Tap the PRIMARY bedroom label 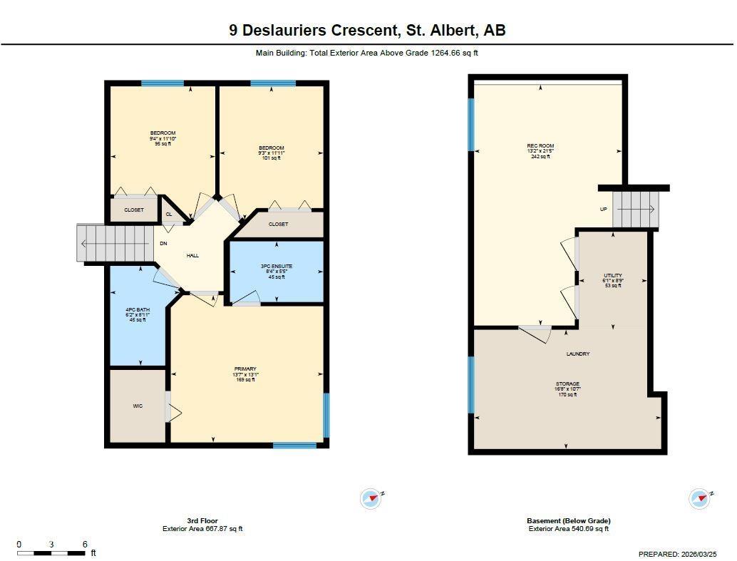click(244, 369)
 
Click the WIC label click(138, 406)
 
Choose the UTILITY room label click(613, 275)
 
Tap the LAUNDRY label click(578, 354)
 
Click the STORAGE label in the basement click(567, 384)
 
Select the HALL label click(193, 255)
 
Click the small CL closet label click(169, 214)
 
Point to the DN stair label click(163, 244)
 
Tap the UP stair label click(603, 209)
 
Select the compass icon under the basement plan click(700, 498)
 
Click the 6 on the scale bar click(85, 545)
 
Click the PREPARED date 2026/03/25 click(703, 554)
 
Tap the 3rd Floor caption click(202, 521)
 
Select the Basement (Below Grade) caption click(568, 521)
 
